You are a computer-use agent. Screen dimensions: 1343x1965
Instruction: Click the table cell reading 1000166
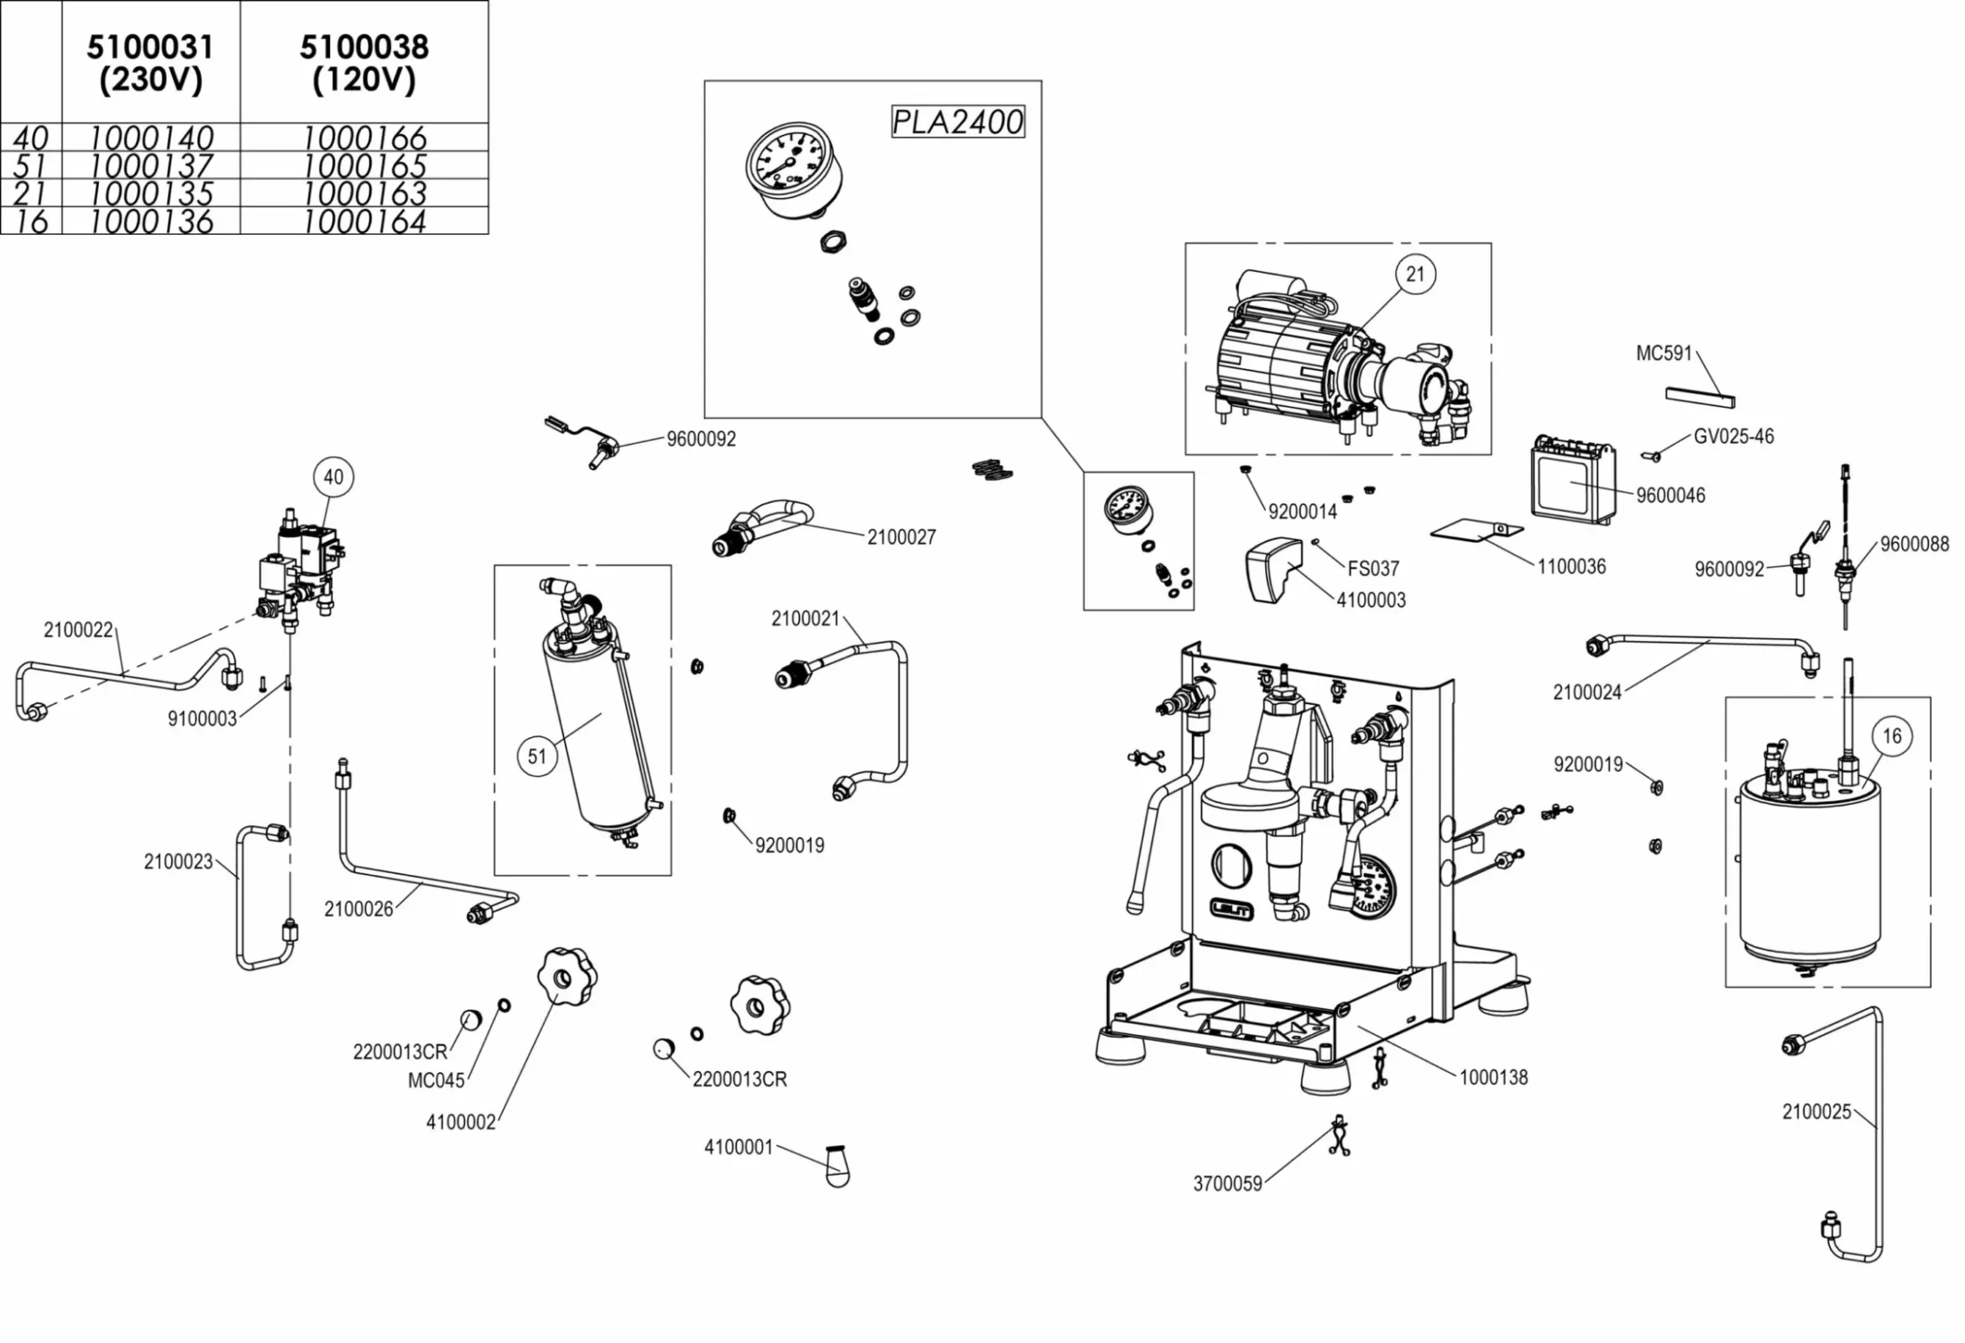tap(364, 137)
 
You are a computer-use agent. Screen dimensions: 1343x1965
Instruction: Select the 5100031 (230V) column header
tap(150, 63)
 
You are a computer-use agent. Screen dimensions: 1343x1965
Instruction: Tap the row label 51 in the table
tap(30, 165)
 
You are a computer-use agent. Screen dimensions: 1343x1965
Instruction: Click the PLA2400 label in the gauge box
tap(957, 122)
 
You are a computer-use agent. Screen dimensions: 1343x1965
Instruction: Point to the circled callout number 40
tap(333, 477)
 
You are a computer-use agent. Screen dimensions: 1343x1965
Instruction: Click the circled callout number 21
tap(1414, 274)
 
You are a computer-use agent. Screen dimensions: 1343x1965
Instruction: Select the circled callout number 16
tap(1891, 736)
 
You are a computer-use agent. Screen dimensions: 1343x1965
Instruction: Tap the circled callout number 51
tap(538, 755)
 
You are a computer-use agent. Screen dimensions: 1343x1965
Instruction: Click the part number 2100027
tap(901, 537)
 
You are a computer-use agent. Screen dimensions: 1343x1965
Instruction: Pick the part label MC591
tap(1663, 353)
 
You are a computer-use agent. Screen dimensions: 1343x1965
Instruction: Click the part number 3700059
tap(1227, 1184)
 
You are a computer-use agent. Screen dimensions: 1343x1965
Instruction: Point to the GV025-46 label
tap(1733, 436)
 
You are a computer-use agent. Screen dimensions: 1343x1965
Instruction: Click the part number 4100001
tap(738, 1147)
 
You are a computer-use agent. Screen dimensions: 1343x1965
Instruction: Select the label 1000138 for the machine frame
tap(1493, 1078)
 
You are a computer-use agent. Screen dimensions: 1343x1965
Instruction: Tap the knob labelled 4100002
tap(566, 977)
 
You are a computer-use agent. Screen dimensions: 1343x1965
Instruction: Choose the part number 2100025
tap(1816, 1111)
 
